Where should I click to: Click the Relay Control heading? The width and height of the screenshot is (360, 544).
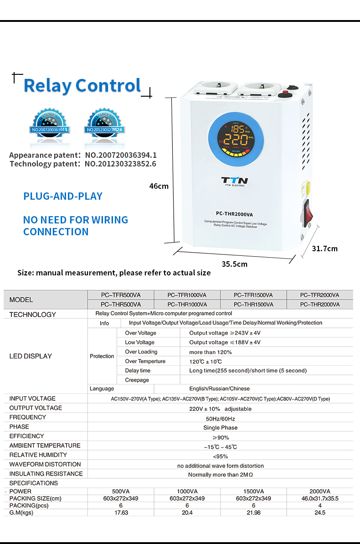(x=82, y=86)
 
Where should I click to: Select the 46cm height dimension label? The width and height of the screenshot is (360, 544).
(x=159, y=186)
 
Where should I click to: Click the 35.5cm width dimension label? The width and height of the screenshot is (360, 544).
(x=234, y=264)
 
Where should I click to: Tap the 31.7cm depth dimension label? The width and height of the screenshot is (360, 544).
(x=324, y=249)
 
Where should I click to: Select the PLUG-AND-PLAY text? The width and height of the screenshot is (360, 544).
(x=63, y=197)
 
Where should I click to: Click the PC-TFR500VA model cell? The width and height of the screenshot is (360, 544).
(x=121, y=295)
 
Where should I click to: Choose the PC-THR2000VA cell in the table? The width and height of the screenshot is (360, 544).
(x=319, y=305)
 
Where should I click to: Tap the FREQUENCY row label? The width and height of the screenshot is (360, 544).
(x=28, y=417)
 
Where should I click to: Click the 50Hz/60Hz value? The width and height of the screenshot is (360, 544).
(x=220, y=419)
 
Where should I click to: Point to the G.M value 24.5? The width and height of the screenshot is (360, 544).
(x=319, y=513)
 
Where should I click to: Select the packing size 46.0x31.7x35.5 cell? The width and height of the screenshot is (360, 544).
(x=319, y=498)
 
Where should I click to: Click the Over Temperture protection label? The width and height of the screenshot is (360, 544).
(x=145, y=361)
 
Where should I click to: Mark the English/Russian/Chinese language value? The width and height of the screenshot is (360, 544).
(x=220, y=389)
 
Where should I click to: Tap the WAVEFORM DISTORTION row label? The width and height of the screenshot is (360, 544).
(x=45, y=464)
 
